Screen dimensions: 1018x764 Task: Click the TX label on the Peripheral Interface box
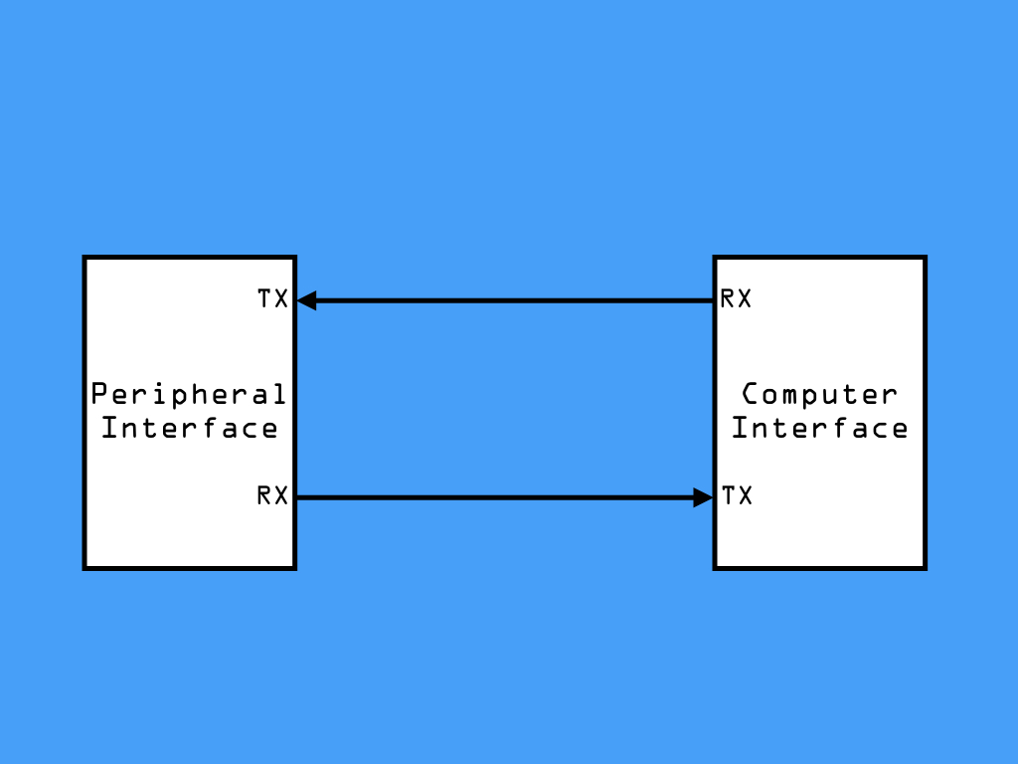click(272, 298)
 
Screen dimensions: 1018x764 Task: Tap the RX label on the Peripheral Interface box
click(272, 495)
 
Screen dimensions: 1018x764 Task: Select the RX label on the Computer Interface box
click(737, 298)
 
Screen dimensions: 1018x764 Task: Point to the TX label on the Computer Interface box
click(737, 495)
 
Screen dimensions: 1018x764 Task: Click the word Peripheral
click(188, 395)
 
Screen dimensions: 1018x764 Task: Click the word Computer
click(820, 395)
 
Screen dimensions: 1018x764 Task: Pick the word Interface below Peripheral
click(190, 428)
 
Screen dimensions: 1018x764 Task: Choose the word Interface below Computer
click(820, 428)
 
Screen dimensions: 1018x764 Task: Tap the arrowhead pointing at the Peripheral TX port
click(306, 300)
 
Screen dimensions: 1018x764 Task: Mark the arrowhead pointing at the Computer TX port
click(703, 497)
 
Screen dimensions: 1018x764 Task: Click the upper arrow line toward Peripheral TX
click(505, 300)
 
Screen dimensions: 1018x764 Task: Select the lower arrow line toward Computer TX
click(505, 497)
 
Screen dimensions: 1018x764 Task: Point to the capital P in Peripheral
click(99, 394)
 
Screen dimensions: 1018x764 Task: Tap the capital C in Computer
click(751, 394)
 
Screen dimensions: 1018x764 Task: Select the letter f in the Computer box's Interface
click(841, 428)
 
